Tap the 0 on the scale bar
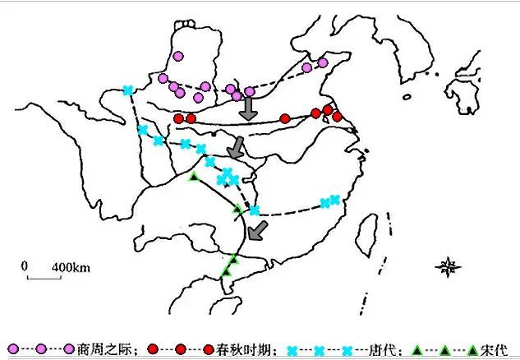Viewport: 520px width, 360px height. tap(25, 266)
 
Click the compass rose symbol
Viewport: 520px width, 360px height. tap(449, 266)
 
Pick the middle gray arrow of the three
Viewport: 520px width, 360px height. tap(237, 149)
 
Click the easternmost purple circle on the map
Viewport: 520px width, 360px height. tap(323, 62)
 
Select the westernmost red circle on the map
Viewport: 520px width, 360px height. tap(178, 118)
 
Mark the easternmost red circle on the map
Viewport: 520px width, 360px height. tap(337, 117)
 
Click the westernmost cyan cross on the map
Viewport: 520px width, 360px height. tap(127, 90)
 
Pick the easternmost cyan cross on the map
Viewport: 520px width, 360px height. tap(334, 199)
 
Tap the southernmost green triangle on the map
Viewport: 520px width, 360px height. tap(226, 271)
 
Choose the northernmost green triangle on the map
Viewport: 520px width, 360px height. tap(194, 177)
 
